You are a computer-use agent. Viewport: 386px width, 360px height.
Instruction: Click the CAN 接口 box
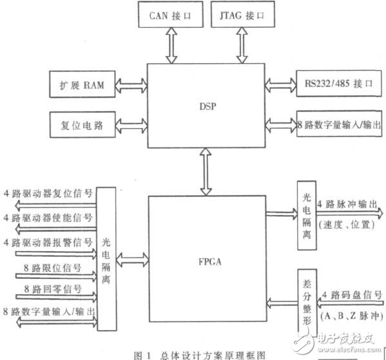[168, 14]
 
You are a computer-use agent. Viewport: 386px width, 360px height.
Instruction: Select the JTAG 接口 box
[244, 14]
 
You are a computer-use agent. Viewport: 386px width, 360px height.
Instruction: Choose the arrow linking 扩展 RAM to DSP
[131, 85]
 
